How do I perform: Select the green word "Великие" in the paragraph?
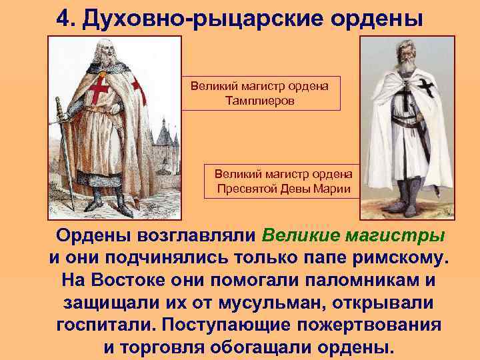click(x=303, y=236)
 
